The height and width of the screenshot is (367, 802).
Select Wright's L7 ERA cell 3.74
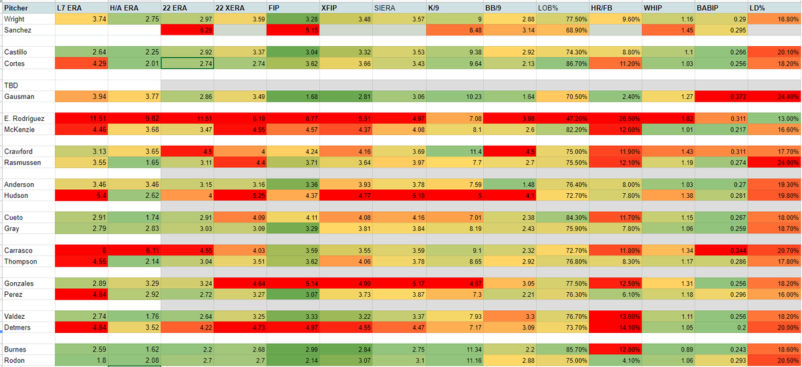(x=80, y=19)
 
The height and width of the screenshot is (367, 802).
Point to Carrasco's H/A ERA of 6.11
(x=134, y=250)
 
